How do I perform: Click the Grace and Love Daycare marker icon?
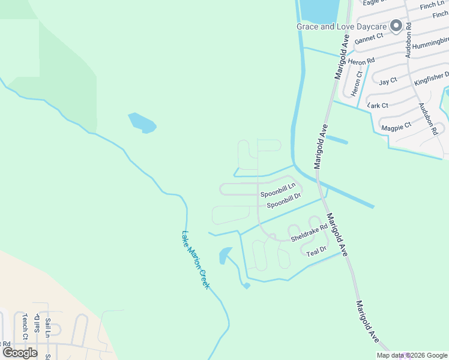396,26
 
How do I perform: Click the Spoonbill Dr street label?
283,200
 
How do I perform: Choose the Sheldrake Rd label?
309,233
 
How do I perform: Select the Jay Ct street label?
388,81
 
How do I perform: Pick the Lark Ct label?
378,105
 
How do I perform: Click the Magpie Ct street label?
396,127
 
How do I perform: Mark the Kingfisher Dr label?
431,79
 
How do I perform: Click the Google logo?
20,352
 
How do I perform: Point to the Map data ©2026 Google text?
412,355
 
